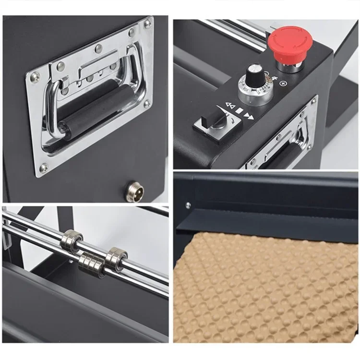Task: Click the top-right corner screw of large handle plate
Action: click(x=148, y=23)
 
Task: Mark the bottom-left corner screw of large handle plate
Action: click(x=44, y=168)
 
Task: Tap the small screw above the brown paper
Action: click(x=188, y=205)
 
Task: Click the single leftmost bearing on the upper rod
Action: click(x=72, y=239)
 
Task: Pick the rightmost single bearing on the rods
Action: click(x=116, y=258)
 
